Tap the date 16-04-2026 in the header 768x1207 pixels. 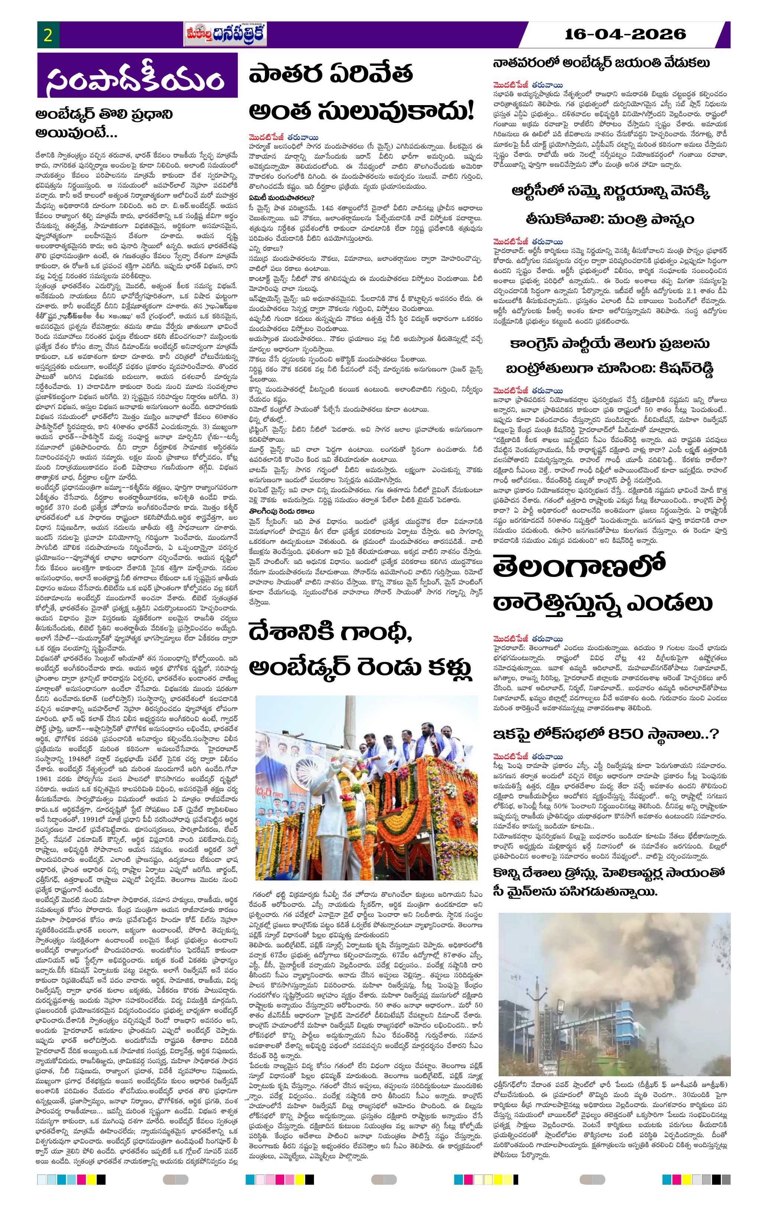625,35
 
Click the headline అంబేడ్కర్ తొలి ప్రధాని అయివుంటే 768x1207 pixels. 105,123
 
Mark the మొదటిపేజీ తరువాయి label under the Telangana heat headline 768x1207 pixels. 527,639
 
